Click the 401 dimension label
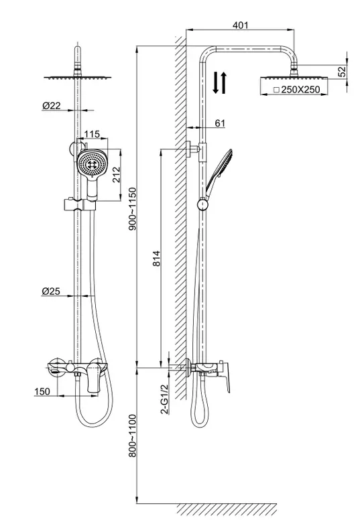(x=240, y=25)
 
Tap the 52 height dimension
(x=342, y=71)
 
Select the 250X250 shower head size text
(x=296, y=89)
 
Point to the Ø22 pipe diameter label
(x=52, y=105)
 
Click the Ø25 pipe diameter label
(x=51, y=291)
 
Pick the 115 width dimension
(x=92, y=134)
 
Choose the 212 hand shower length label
(x=117, y=175)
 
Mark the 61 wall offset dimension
(x=220, y=123)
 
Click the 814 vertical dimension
(x=156, y=259)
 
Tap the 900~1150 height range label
(x=132, y=209)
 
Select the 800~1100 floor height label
(x=132, y=436)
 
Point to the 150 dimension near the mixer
(x=42, y=391)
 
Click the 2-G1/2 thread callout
(x=164, y=399)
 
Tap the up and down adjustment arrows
(x=220, y=82)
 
